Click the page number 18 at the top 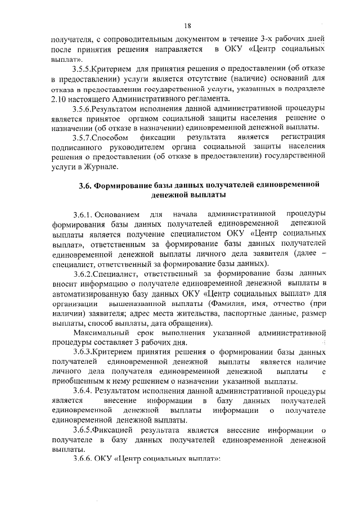[x=187, y=25]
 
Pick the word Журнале [x=101, y=167]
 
